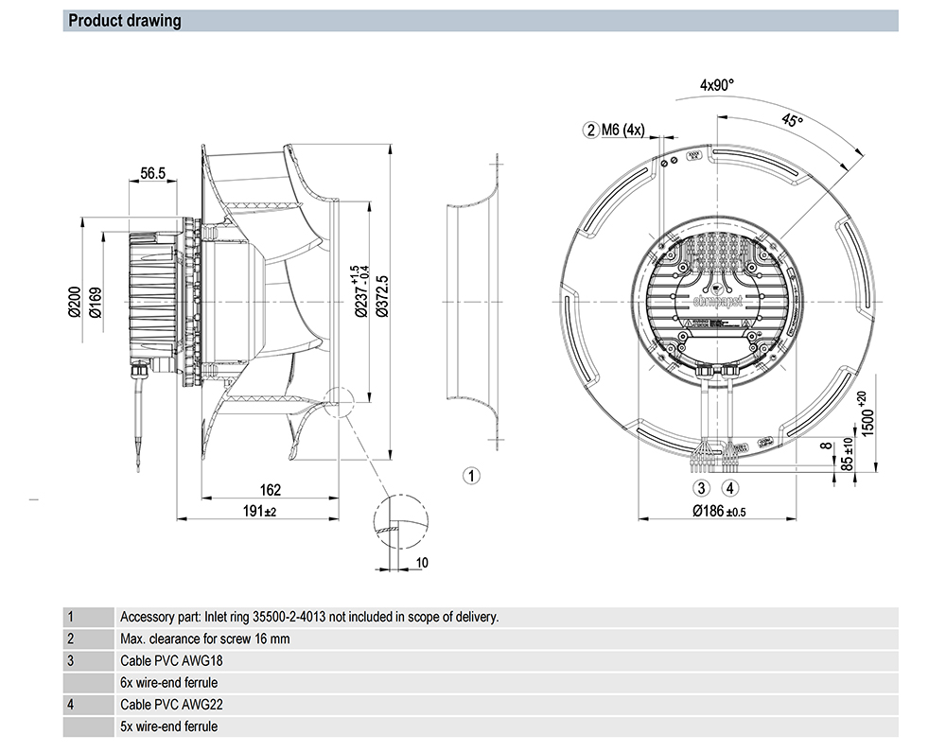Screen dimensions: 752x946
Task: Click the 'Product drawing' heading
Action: coord(124,21)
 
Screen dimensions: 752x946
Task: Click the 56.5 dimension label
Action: coord(153,173)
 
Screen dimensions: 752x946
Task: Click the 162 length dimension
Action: coord(270,490)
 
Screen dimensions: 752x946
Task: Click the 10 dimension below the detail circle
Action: coord(422,563)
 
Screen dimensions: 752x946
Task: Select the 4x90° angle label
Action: coord(717,84)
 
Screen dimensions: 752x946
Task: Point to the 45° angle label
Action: coord(791,121)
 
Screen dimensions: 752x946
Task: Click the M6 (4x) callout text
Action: coord(622,130)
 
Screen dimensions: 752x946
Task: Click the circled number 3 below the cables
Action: coord(701,488)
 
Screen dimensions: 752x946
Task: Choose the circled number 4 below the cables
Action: coord(729,488)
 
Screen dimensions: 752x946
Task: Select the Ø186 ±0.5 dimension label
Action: coord(719,511)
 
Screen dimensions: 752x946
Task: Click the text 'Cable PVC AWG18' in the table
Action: coord(171,660)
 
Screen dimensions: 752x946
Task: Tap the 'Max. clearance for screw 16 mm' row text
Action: coord(205,638)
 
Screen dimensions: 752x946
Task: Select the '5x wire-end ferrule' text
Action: coord(168,726)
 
